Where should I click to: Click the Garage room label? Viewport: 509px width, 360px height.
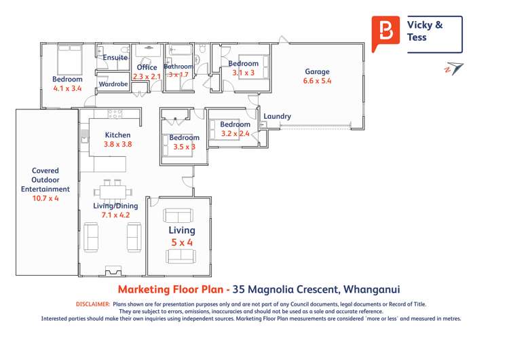(317, 71)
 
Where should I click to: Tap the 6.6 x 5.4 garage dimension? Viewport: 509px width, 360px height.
(317, 81)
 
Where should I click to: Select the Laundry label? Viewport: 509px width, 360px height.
(277, 116)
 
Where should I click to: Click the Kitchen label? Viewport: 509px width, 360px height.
(117, 135)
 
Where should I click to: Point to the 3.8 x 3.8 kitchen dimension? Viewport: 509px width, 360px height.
(117, 145)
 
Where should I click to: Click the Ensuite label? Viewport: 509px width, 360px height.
(115, 58)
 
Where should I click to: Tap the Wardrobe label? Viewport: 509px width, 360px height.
(113, 84)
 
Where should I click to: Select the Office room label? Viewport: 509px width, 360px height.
(147, 67)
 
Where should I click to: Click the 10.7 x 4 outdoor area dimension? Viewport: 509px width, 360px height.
(46, 199)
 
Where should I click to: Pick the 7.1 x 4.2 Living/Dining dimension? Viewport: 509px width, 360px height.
(115, 215)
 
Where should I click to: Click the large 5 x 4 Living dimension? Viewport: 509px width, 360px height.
(181, 242)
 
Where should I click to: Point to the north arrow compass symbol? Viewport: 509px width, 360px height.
(453, 69)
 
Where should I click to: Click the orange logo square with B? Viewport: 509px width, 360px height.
(385, 32)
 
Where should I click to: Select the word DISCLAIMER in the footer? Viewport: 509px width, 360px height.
(92, 304)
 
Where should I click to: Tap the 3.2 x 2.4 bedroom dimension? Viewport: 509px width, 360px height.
(235, 134)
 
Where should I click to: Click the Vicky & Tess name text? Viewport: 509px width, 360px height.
(425, 31)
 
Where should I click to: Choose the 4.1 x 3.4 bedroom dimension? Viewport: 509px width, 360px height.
(67, 88)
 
